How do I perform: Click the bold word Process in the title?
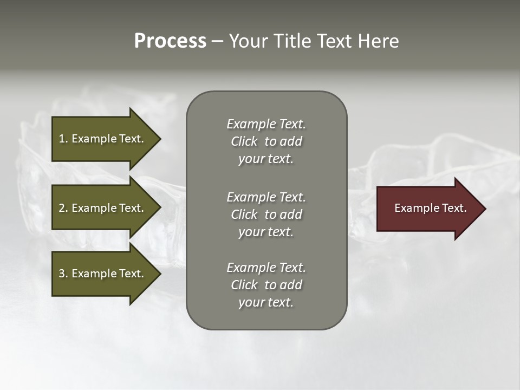(170, 41)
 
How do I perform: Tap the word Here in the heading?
(379, 41)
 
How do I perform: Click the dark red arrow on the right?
(428, 209)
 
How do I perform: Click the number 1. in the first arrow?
(63, 139)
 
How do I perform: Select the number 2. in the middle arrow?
(63, 208)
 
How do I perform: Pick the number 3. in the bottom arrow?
(63, 274)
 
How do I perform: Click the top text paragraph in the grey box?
(266, 141)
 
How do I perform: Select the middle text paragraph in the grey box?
(266, 214)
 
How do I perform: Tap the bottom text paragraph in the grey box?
(266, 285)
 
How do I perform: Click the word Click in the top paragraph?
(244, 141)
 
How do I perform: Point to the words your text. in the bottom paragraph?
(266, 302)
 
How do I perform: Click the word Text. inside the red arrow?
(453, 208)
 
